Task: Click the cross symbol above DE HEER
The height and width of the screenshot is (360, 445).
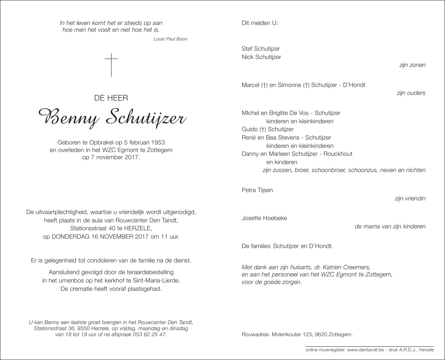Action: click(x=111, y=65)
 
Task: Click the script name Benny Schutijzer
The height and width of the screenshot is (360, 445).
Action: click(x=111, y=118)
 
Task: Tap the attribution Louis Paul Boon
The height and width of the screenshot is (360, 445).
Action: click(x=171, y=39)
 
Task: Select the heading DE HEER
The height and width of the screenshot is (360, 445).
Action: click(x=111, y=98)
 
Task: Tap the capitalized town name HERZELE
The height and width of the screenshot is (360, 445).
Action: click(x=136, y=228)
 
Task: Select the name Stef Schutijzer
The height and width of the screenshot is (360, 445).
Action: click(x=261, y=49)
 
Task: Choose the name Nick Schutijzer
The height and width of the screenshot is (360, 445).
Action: click(x=261, y=57)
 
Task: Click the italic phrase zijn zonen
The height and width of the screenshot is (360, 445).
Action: click(x=412, y=65)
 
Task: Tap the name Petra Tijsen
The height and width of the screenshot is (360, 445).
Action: click(x=257, y=190)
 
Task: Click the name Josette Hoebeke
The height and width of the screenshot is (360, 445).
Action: click(x=264, y=218)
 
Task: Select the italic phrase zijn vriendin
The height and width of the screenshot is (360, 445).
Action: click(x=410, y=198)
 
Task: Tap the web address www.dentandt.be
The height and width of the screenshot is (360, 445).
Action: click(x=364, y=351)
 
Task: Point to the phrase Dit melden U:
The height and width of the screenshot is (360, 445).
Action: click(x=260, y=23)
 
